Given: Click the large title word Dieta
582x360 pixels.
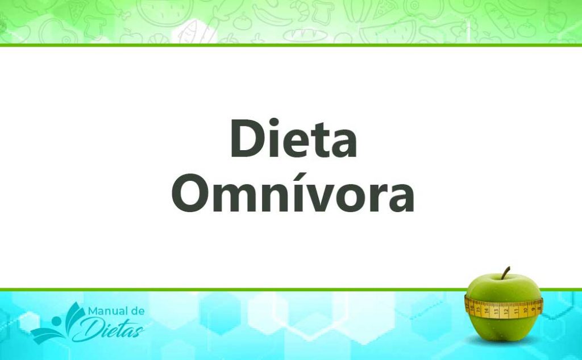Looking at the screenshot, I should click(293, 140).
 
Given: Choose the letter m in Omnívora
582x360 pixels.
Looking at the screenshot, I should click(236, 197).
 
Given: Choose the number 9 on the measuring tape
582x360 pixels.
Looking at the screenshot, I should click(533, 308).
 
